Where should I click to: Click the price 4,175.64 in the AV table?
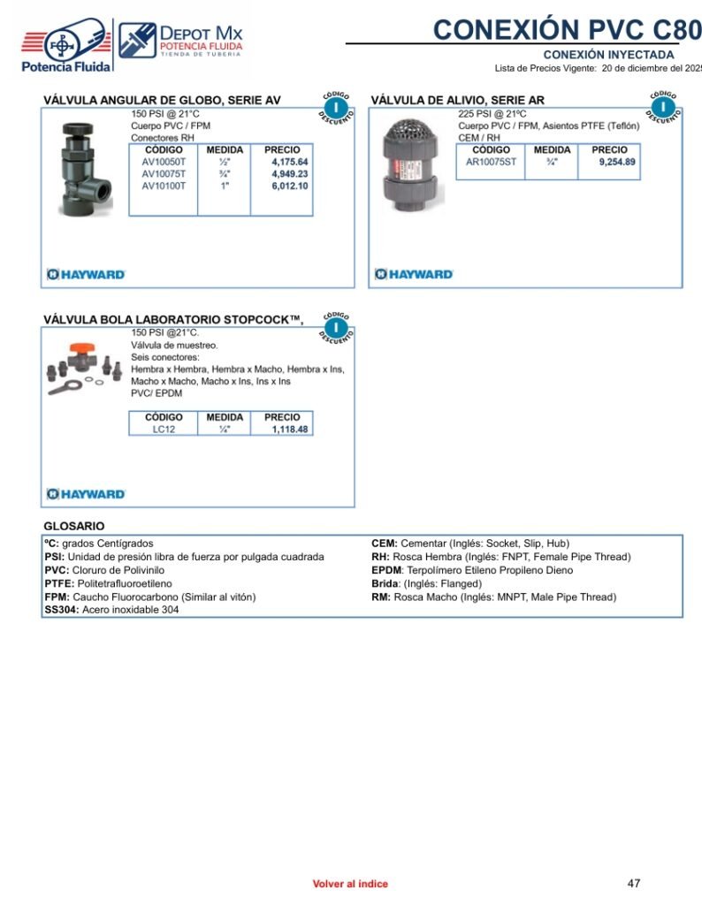point(289,163)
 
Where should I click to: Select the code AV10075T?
point(164,174)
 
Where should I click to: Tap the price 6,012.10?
point(289,186)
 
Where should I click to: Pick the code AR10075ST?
point(491,163)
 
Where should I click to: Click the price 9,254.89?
point(616,163)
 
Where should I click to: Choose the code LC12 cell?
point(164,430)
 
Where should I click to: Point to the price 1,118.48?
point(289,430)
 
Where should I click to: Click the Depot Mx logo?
point(180,42)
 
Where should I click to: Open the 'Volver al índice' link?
point(349,884)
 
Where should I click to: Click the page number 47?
point(633,883)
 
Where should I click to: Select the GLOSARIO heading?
point(74,526)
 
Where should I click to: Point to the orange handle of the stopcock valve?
point(87,349)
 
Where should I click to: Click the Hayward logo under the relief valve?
point(414,274)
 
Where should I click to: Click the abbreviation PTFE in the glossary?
point(57,583)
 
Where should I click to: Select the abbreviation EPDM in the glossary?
point(386,570)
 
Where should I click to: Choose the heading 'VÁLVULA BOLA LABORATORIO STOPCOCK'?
point(173,320)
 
